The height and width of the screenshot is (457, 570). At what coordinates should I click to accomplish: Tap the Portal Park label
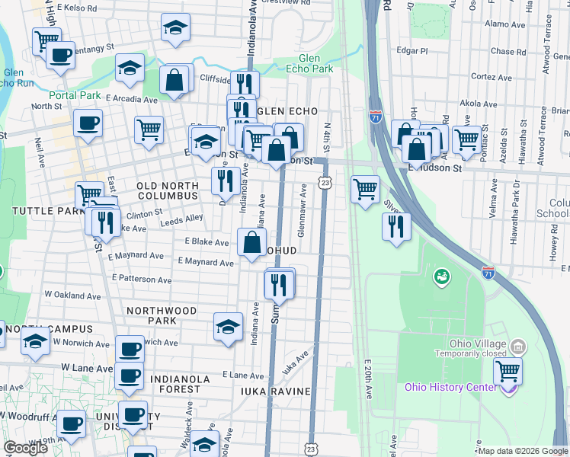[75, 95]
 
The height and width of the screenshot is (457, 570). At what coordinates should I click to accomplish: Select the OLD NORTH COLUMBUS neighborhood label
[167, 190]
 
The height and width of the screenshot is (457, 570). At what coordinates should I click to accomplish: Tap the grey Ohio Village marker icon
[518, 347]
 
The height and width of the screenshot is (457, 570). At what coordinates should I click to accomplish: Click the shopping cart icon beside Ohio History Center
[508, 373]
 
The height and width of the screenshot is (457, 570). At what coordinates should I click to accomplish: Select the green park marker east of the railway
[440, 276]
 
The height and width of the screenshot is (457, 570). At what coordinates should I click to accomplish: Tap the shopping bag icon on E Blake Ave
[251, 243]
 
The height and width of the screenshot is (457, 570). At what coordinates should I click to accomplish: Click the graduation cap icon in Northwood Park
[228, 327]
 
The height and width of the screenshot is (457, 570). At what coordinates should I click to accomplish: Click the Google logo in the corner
[25, 448]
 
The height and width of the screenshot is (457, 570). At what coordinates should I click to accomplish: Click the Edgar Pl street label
[412, 51]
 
